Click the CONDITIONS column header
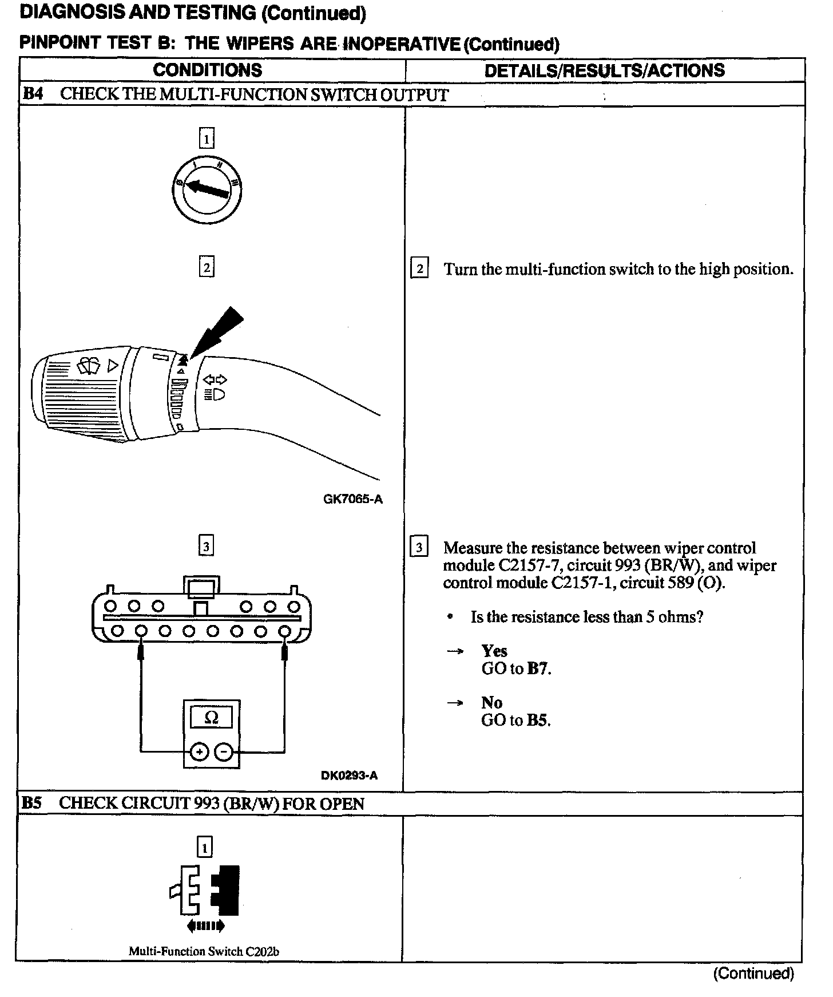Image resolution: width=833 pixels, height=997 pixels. (x=207, y=70)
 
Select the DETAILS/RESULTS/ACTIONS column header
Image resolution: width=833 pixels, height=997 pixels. (x=604, y=70)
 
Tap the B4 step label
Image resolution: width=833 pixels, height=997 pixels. (x=33, y=94)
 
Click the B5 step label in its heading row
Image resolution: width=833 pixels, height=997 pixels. (x=32, y=803)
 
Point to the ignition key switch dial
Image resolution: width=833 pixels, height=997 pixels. (x=207, y=189)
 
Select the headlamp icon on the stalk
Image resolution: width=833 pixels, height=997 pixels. (x=215, y=394)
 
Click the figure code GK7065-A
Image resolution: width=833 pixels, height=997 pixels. (x=353, y=499)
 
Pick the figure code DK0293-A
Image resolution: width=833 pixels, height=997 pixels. (x=349, y=776)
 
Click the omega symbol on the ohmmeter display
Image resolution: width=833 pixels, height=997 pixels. (x=211, y=718)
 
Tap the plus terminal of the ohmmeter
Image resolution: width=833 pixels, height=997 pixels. (x=199, y=751)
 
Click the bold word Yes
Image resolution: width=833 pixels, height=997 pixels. (x=494, y=651)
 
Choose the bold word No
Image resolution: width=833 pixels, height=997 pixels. (x=491, y=702)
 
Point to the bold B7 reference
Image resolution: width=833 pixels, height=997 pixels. (x=538, y=668)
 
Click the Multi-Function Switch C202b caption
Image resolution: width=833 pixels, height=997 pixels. (x=204, y=951)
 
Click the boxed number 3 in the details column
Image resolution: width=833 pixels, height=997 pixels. (x=419, y=548)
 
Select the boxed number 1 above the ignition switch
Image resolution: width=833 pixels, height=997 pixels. (x=206, y=139)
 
